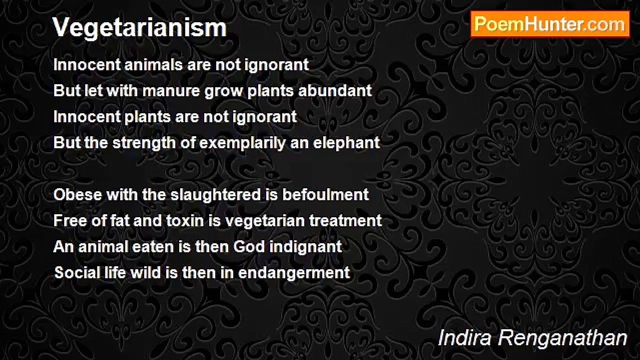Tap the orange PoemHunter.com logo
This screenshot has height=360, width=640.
click(550, 24)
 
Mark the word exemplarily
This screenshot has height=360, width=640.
click(242, 143)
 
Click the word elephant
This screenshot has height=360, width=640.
click(346, 143)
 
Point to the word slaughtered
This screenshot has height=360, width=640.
click(215, 195)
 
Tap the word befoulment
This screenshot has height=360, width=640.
click(325, 195)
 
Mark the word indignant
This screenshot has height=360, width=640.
click(305, 247)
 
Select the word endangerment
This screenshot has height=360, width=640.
click(294, 273)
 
